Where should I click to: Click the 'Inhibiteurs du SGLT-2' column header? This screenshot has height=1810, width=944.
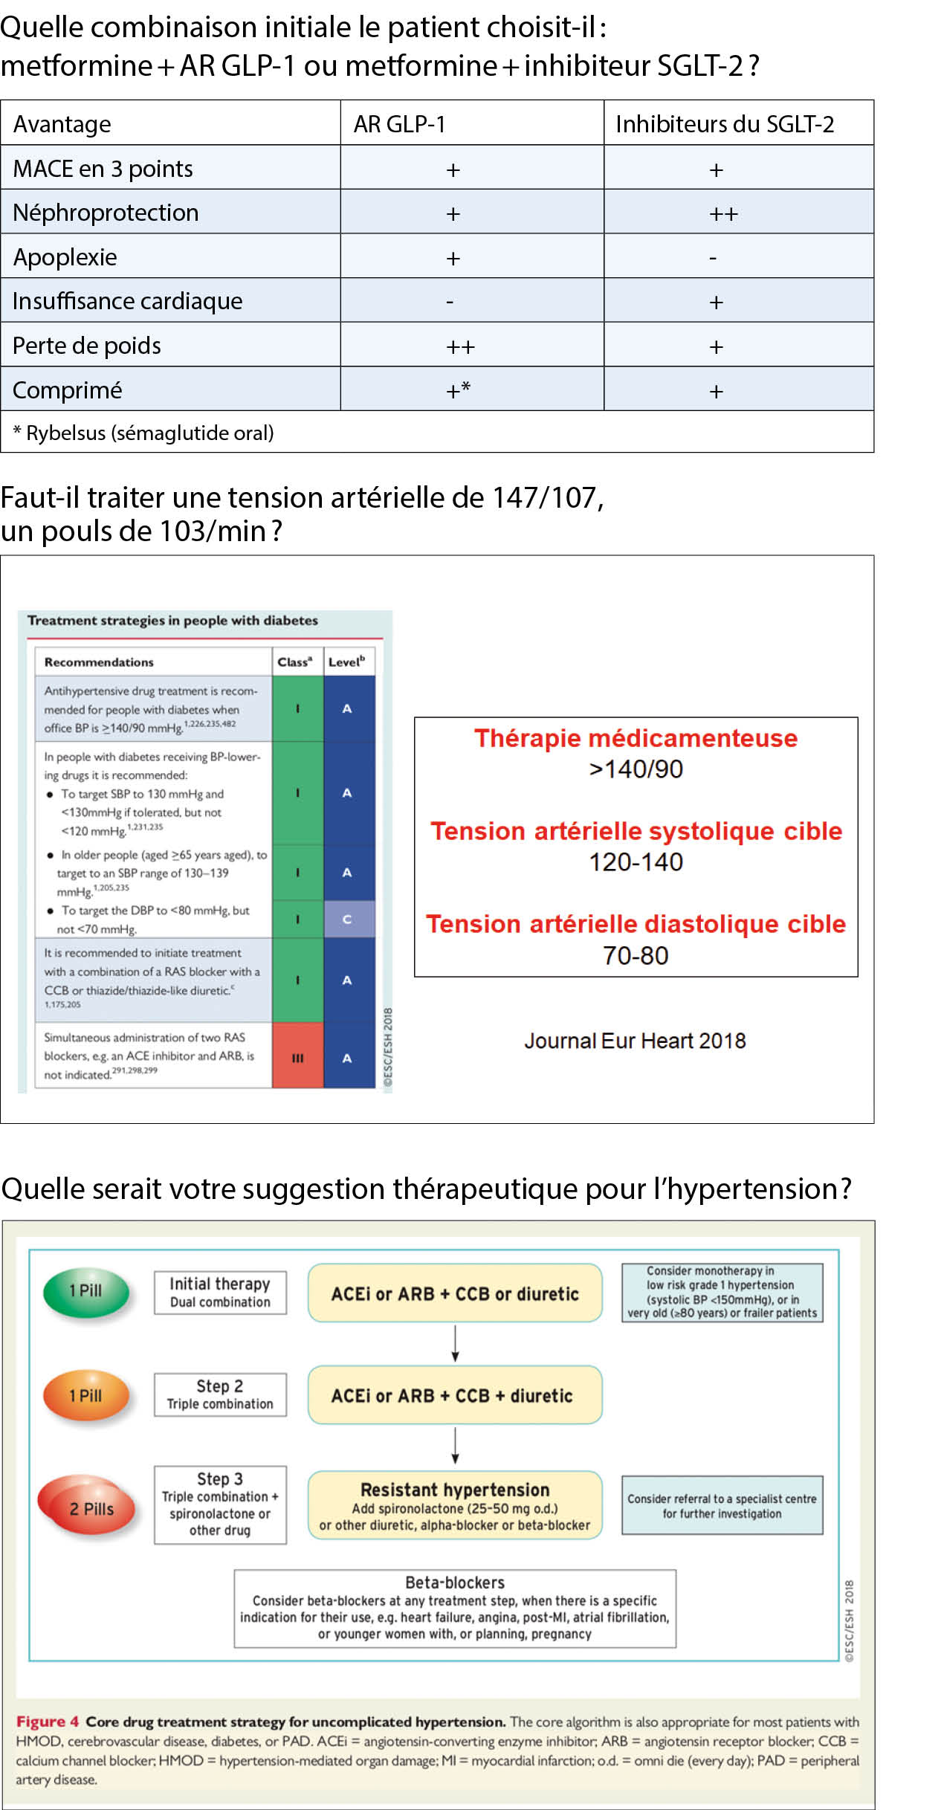724,123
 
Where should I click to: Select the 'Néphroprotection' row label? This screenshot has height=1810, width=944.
106,213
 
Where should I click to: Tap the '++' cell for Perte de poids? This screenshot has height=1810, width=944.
460,346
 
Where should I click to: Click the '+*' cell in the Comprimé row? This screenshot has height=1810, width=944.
458,390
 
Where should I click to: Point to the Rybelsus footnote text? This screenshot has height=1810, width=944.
143,433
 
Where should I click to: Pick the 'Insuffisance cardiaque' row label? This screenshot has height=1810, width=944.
127,301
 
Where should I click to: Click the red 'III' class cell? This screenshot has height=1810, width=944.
297,1058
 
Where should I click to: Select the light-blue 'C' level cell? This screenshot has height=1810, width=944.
347,919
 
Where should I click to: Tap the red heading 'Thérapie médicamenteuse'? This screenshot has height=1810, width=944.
636,738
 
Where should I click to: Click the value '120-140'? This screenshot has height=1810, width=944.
636,862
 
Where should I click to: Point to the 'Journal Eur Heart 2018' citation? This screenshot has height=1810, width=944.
635,1041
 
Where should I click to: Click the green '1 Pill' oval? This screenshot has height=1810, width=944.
86,1291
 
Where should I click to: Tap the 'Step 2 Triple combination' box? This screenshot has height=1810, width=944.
220,1394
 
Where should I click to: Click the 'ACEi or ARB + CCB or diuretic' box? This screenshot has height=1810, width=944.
455,1294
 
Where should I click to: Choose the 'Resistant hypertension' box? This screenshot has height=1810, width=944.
455,1505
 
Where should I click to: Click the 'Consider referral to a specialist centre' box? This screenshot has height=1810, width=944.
722,1506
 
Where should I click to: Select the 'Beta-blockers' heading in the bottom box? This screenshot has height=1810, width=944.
455,1583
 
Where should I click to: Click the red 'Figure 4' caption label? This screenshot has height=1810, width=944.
47,1722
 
